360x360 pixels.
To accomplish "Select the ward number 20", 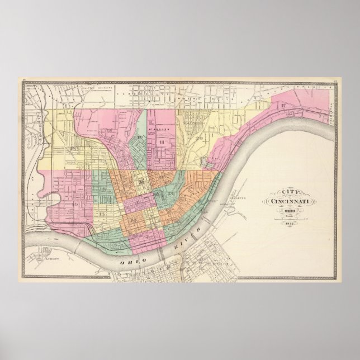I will click(199, 136).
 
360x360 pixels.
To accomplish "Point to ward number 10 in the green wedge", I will click(139, 138).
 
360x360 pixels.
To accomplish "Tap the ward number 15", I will click(101, 214).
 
